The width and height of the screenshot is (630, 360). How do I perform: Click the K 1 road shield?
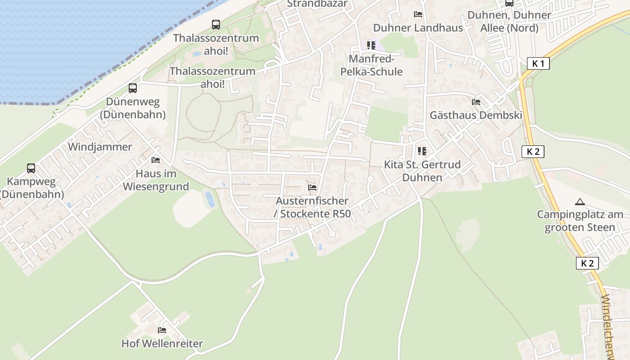pyautogui.click(x=538, y=63)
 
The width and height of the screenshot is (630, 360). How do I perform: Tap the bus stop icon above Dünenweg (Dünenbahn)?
pyautogui.click(x=132, y=88)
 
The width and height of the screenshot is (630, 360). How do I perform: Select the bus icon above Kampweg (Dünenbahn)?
pyautogui.click(x=31, y=168)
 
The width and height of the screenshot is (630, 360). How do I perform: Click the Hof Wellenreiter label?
pyautogui.click(x=162, y=344)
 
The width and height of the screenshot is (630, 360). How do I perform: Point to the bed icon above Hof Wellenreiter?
pyautogui.click(x=162, y=330)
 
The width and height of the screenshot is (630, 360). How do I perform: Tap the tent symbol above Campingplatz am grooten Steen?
pyautogui.click(x=580, y=202)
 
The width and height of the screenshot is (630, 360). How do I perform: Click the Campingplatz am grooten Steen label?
pyautogui.click(x=580, y=221)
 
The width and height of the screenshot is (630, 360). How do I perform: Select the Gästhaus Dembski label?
pyautogui.click(x=476, y=115)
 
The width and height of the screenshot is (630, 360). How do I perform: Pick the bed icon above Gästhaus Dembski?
pyautogui.click(x=476, y=102)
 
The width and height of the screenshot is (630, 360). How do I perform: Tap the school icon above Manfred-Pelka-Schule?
pyautogui.click(x=371, y=45)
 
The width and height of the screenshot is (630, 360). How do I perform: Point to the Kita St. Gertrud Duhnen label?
pyautogui.click(x=422, y=171)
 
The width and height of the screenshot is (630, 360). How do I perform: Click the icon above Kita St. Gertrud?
pyautogui.click(x=422, y=151)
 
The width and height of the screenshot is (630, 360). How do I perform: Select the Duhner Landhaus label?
pyautogui.click(x=418, y=28)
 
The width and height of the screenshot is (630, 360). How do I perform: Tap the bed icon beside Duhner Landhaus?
pyautogui.click(x=418, y=14)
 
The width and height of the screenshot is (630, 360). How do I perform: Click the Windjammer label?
pyautogui.click(x=100, y=147)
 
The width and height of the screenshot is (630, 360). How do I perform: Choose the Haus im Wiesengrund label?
pyautogui.click(x=156, y=180)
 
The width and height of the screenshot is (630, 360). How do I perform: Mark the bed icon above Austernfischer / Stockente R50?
pyautogui.click(x=312, y=187)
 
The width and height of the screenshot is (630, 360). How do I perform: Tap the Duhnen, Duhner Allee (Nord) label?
pyautogui.click(x=509, y=22)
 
